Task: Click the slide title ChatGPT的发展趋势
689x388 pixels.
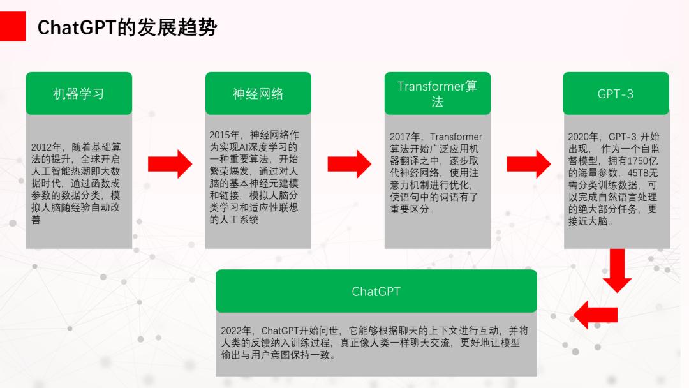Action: tap(127, 27)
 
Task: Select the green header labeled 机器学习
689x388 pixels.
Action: tap(78, 94)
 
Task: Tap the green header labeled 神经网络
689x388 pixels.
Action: tap(258, 94)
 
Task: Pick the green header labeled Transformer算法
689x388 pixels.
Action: tap(437, 94)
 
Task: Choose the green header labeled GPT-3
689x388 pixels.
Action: tap(616, 94)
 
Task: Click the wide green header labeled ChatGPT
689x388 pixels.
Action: tap(376, 292)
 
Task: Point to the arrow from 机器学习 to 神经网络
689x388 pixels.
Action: tap(169, 164)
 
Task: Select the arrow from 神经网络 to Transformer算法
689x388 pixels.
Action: tap(349, 164)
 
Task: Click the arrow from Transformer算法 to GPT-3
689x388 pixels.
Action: tap(528, 164)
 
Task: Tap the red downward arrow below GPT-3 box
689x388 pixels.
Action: tap(616, 269)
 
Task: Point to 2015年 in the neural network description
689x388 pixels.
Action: tap(225, 135)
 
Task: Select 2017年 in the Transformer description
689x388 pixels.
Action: tap(404, 137)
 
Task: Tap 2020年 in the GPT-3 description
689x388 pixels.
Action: tap(583, 137)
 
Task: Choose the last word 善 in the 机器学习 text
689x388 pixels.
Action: tap(36, 220)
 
